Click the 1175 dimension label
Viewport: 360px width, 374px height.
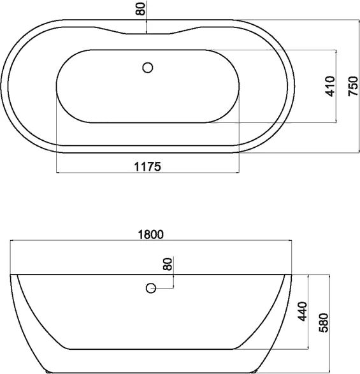[x=148, y=166]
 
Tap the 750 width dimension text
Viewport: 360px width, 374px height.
[x=353, y=86]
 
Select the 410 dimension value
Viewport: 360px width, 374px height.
[x=330, y=86]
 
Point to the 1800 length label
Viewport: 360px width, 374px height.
[x=151, y=234]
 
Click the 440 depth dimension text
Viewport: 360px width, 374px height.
[x=302, y=312]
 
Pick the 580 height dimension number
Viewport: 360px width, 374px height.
[x=324, y=322]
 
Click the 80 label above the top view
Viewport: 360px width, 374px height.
[x=140, y=9]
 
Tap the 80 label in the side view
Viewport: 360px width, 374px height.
[x=168, y=264]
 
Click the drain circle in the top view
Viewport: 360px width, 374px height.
[x=148, y=68]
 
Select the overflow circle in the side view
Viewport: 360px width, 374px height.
[x=151, y=288]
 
